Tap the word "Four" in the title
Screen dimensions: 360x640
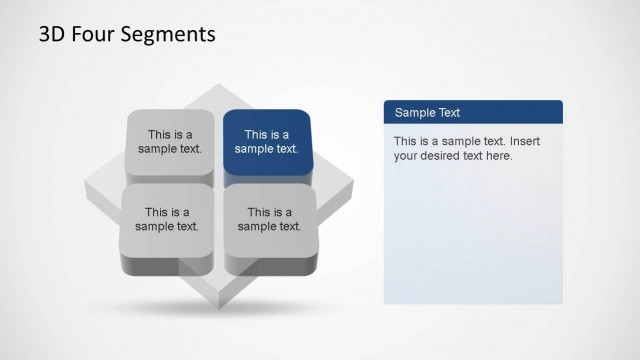click(x=95, y=35)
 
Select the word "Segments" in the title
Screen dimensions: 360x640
click(x=166, y=35)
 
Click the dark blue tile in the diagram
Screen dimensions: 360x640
click(x=267, y=142)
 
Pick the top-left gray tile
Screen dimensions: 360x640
click(x=170, y=142)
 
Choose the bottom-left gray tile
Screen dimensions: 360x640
click(x=167, y=218)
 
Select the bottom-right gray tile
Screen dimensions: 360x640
click(x=270, y=218)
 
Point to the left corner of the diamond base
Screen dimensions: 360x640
click(x=87, y=185)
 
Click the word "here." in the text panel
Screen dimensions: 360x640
click(x=497, y=156)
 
